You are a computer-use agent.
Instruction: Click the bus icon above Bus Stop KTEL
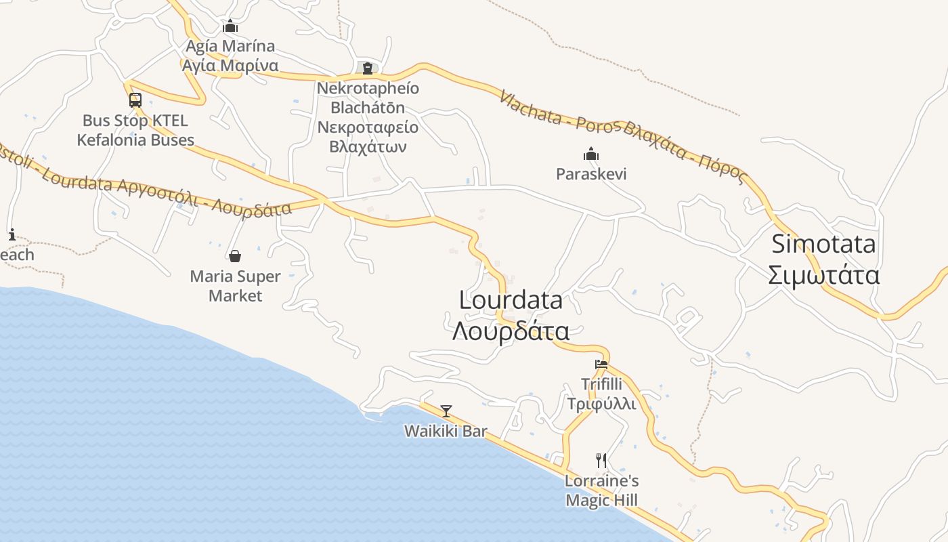tap(135, 100)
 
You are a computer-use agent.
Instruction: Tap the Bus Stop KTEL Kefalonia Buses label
tap(135, 131)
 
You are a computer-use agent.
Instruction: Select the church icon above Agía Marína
tap(230, 26)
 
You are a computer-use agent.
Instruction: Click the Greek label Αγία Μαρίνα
tap(230, 66)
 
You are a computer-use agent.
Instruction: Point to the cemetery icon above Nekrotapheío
tap(368, 68)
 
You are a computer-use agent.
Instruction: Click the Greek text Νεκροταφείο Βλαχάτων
tap(368, 137)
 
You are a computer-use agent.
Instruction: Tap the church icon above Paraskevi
tap(591, 154)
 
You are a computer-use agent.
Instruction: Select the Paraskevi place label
tap(591, 174)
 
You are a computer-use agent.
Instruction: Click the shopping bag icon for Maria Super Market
tap(235, 256)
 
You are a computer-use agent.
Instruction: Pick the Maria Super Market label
tap(235, 286)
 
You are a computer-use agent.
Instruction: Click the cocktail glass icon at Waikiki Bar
tap(446, 411)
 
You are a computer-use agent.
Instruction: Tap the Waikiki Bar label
tap(446, 431)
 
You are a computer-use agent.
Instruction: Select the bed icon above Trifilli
tap(601, 364)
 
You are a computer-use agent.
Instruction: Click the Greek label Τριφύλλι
tap(601, 404)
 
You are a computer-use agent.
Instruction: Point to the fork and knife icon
tap(601, 461)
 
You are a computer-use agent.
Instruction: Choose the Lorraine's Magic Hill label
tap(601, 491)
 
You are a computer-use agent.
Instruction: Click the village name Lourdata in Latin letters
tap(511, 300)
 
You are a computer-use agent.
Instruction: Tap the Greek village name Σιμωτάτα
tap(823, 276)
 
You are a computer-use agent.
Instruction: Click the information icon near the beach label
tap(12, 235)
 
